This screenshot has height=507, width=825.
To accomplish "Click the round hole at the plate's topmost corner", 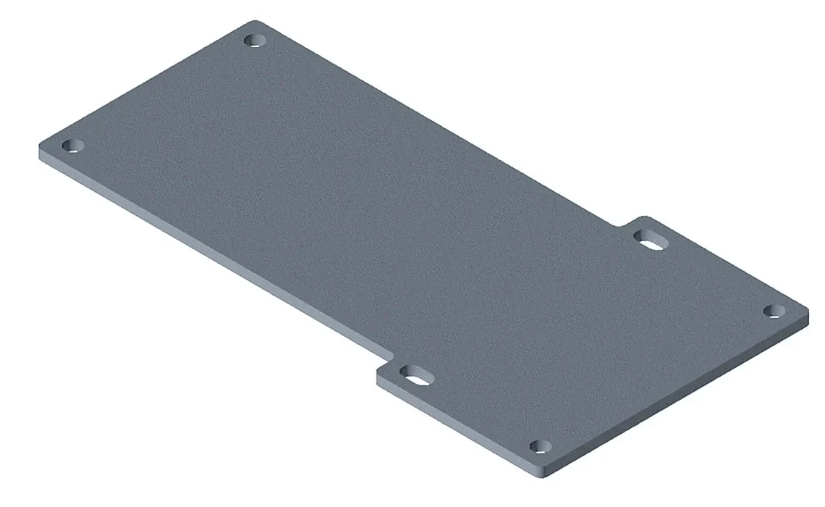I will [x=253, y=39].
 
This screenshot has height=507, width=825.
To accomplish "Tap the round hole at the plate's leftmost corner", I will [x=71, y=146].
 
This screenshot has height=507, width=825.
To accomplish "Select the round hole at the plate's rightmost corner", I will [x=774, y=311].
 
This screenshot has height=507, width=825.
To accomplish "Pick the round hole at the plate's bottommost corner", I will [x=539, y=446].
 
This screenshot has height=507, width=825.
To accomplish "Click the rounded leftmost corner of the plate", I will [x=41, y=148].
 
